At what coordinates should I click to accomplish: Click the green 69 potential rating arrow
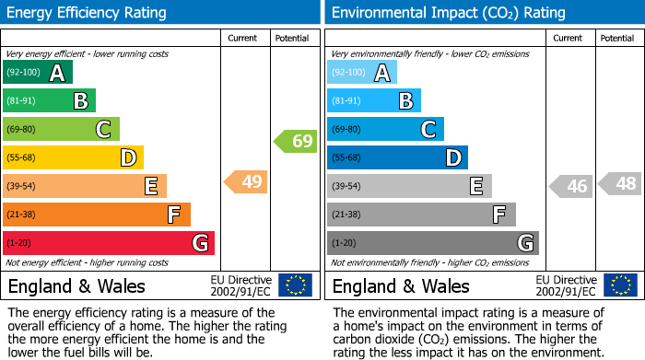(295, 141)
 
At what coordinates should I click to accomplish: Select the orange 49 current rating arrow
(246, 181)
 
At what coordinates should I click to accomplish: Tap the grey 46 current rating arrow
(570, 186)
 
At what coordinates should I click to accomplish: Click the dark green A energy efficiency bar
(37, 73)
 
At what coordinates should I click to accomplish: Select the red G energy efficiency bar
(109, 243)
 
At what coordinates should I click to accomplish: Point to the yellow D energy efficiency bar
(73, 157)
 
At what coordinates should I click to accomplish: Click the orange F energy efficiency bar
(97, 215)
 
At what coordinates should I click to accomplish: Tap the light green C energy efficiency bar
(61, 129)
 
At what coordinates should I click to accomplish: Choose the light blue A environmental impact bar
(362, 73)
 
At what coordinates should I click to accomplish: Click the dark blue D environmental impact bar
(397, 157)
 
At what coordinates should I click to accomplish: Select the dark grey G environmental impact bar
(432, 243)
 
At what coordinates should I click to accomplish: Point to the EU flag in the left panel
(295, 285)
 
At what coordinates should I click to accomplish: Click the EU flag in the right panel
(619, 285)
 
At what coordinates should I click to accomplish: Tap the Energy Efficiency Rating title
(88, 13)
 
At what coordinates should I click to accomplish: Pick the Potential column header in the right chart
(617, 38)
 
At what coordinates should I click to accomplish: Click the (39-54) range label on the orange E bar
(22, 186)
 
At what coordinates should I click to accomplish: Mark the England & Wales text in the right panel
(401, 285)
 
